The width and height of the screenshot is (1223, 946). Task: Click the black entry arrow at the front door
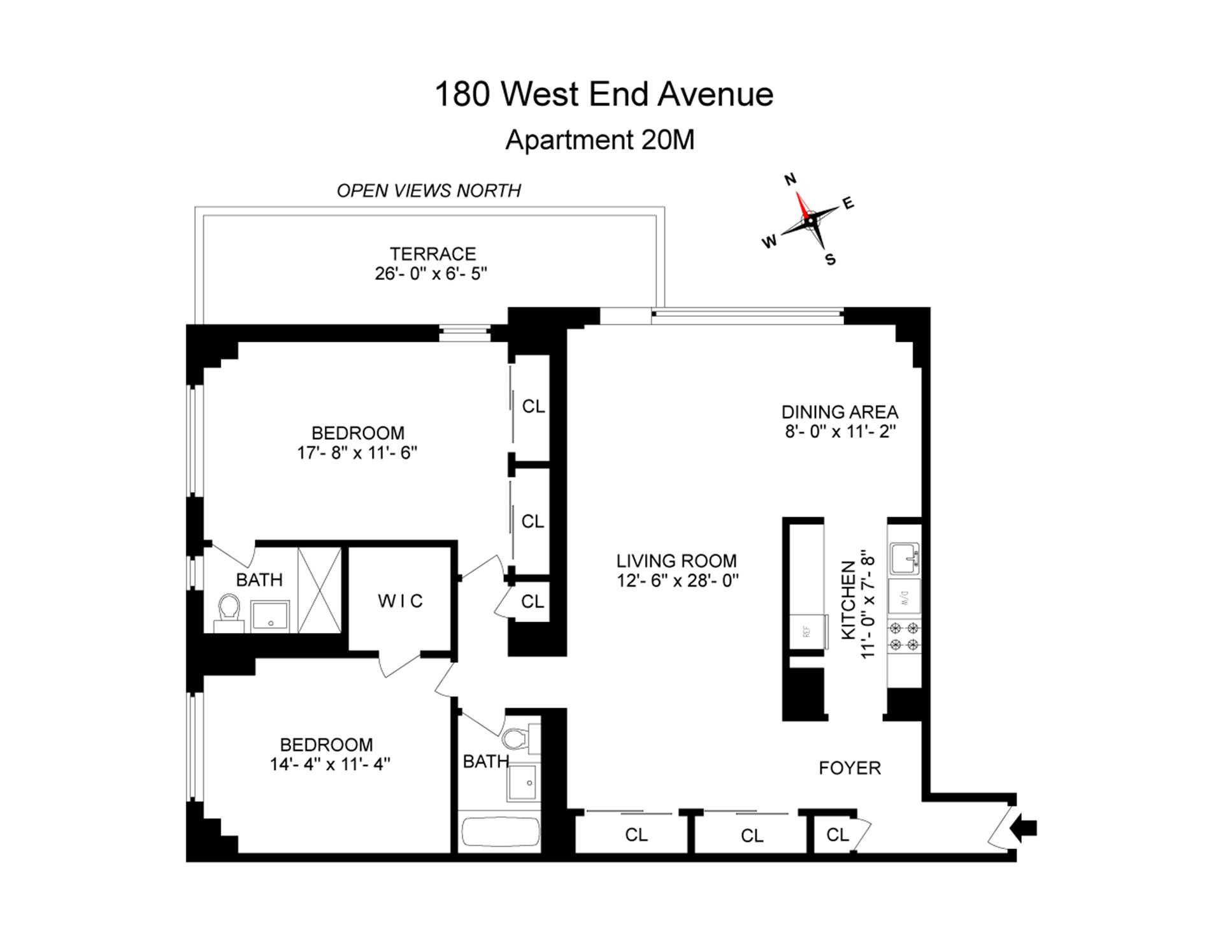pos(1025,827)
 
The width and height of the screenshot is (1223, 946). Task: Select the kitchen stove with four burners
pos(904,636)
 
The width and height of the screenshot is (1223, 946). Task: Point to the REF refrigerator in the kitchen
pos(808,632)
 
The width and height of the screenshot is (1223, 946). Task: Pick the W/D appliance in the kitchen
pos(904,597)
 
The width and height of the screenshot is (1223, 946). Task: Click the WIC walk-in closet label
pos(400,600)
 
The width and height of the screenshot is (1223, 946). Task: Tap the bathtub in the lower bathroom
pos(499,831)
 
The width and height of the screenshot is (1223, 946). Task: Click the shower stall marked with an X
pos(319,590)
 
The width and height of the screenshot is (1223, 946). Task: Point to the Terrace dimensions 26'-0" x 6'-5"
pos(431,273)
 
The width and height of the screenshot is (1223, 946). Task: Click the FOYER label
pos(850,768)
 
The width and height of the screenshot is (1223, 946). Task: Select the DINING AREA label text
pos(840,412)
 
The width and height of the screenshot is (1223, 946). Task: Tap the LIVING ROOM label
pos(676,561)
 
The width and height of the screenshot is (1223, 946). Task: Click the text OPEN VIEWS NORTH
pos(429,191)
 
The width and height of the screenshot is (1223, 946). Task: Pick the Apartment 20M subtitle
pos(599,140)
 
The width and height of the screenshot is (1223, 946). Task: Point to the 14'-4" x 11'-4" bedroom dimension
pos(330,764)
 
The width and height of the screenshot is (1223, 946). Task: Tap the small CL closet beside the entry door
pos(838,834)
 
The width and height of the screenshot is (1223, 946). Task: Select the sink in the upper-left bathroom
pos(270,615)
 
